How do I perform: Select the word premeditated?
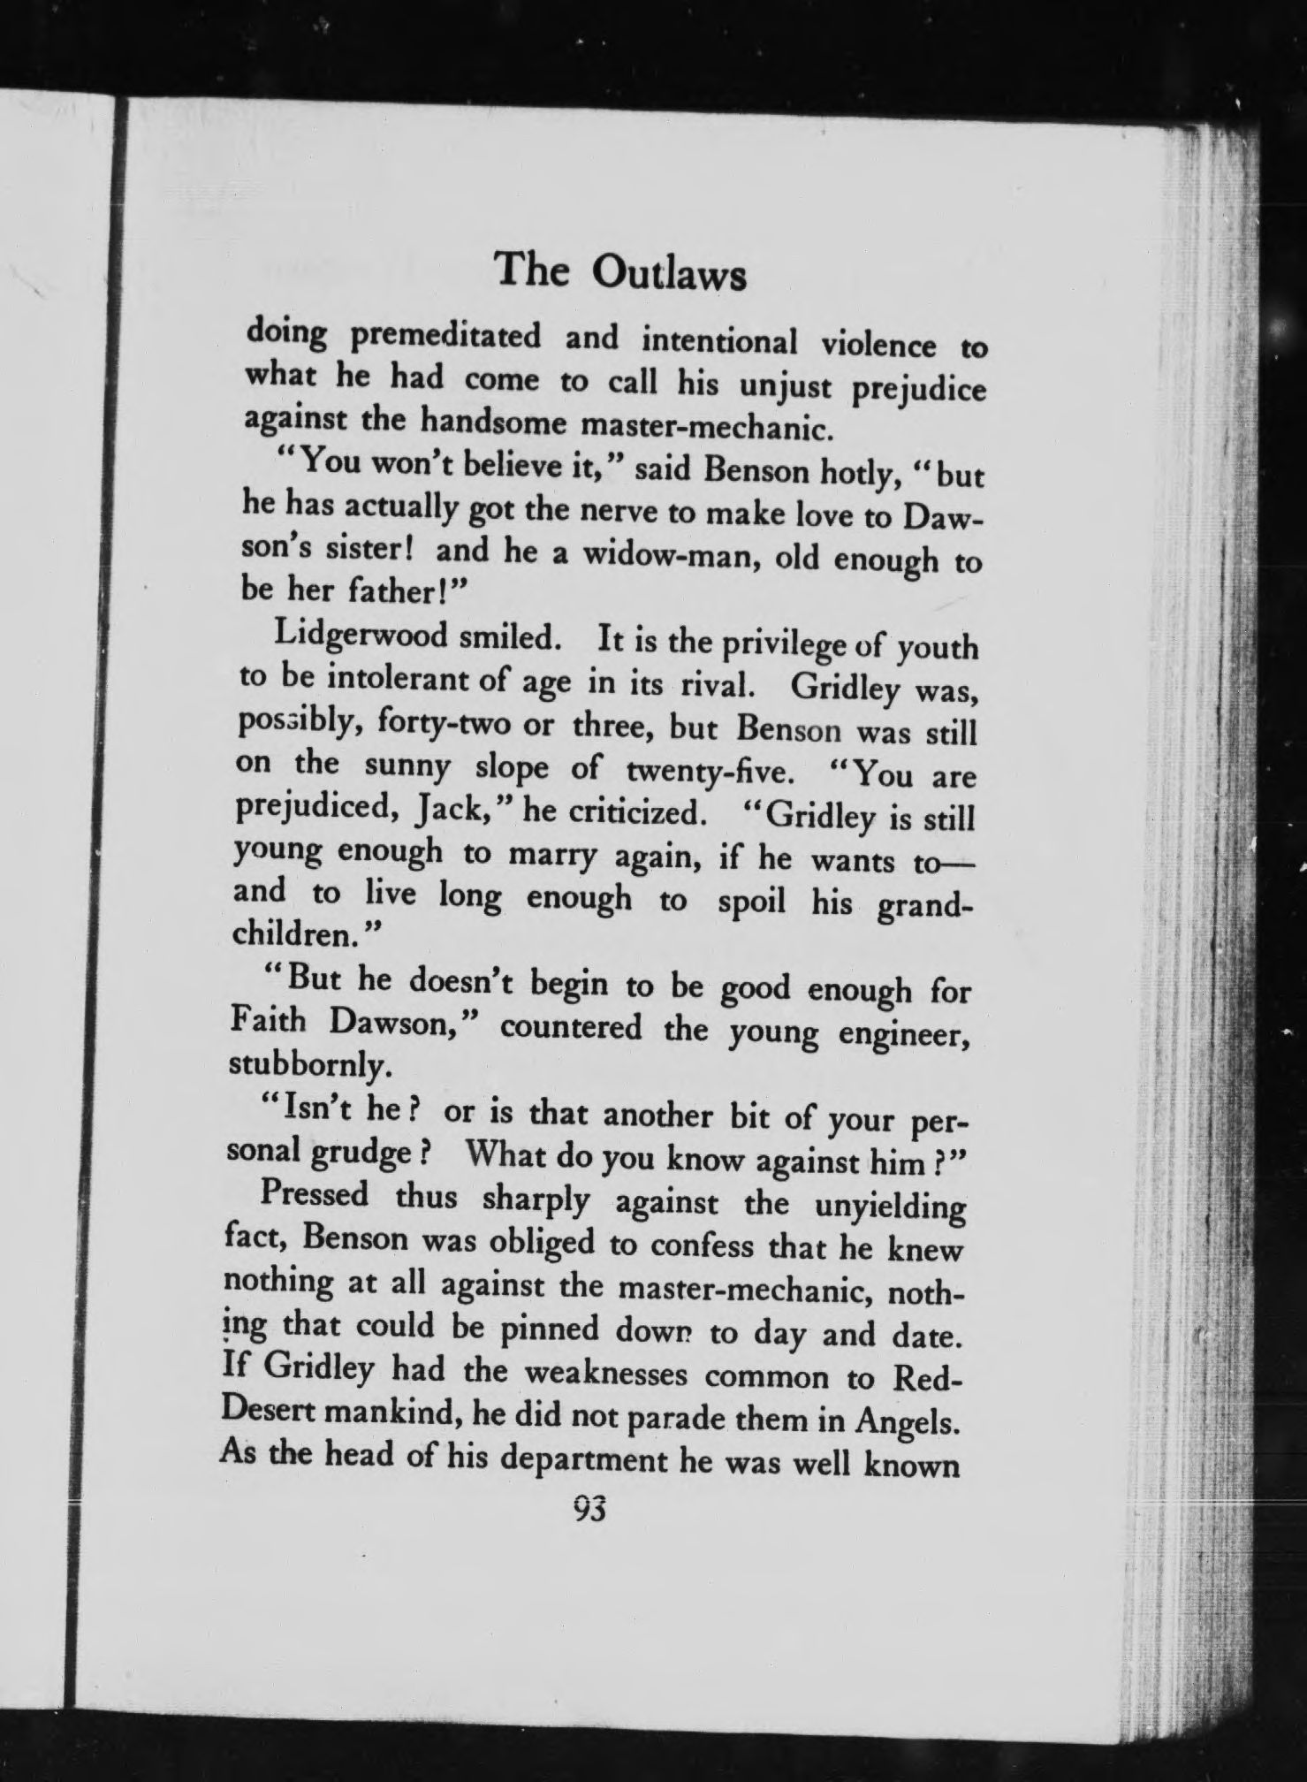[445, 337]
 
